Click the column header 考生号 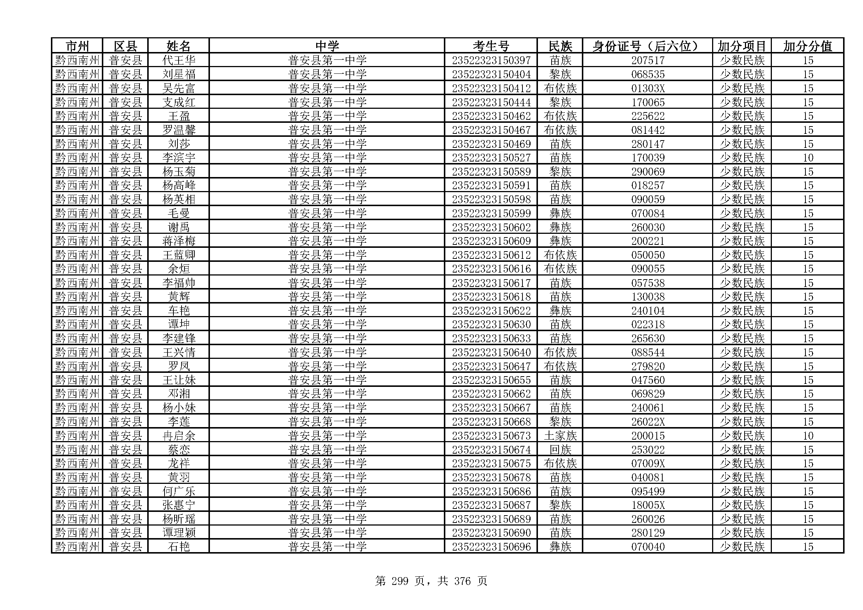tap(491, 46)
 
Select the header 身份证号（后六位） tap(647, 46)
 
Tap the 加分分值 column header tap(807, 46)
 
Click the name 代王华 tap(179, 60)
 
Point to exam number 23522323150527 tap(491, 158)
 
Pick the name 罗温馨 tap(179, 130)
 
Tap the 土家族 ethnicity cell tap(560, 436)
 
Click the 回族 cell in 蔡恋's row tap(560, 450)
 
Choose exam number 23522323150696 tap(491, 547)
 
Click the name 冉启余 tap(179, 436)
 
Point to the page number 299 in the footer tap(400, 581)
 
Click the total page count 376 tap(462, 581)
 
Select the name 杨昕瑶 tap(179, 519)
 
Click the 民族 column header tap(560, 46)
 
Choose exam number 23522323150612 tap(491, 255)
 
